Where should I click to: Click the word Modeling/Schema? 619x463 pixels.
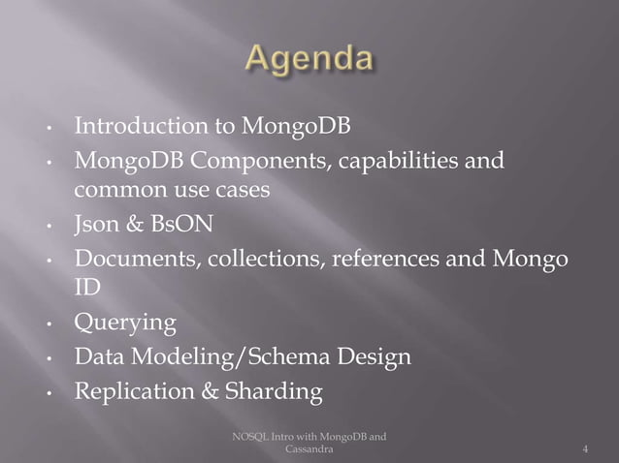232,358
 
